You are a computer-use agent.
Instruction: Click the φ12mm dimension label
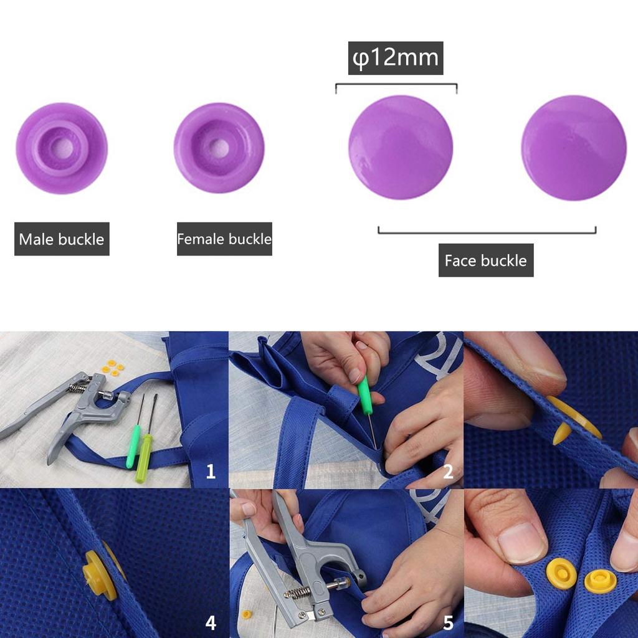pyautogui.click(x=395, y=58)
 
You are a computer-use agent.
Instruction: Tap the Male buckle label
pyautogui.click(x=62, y=239)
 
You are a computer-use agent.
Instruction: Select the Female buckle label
pyautogui.click(x=224, y=239)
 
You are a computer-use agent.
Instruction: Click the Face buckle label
pyautogui.click(x=485, y=260)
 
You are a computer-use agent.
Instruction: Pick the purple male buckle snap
pyautogui.click(x=62, y=148)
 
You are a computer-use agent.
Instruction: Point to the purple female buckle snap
pyautogui.click(x=219, y=148)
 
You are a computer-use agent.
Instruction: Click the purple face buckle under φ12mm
pyautogui.click(x=400, y=148)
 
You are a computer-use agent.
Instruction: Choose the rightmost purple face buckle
pyautogui.click(x=573, y=148)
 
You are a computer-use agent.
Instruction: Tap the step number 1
pyautogui.click(x=211, y=472)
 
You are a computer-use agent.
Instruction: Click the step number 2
pyautogui.click(x=448, y=472)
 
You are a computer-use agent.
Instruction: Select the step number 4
pyautogui.click(x=211, y=622)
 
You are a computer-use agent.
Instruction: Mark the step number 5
pyautogui.click(x=448, y=622)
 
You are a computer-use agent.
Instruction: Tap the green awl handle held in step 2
pyautogui.click(x=364, y=396)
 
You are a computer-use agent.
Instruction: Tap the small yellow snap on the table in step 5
pyautogui.click(x=247, y=614)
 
